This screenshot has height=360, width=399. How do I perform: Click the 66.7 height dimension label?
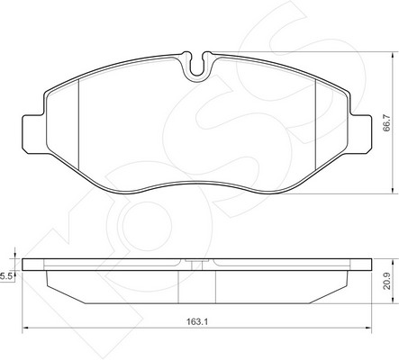click(x=386, y=122)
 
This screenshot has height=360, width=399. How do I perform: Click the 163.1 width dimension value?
click(x=197, y=322)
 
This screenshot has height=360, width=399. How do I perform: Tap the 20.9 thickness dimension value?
click(x=386, y=281)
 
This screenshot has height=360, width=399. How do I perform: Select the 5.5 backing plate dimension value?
click(x=6, y=276)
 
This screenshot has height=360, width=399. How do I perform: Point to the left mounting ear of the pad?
click(x=33, y=134)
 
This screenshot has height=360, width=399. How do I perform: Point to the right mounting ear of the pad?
click(x=361, y=134)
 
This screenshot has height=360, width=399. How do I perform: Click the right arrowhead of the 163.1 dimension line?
click(x=368, y=328)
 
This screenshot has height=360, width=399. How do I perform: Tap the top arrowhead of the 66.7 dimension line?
click(x=393, y=56)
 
